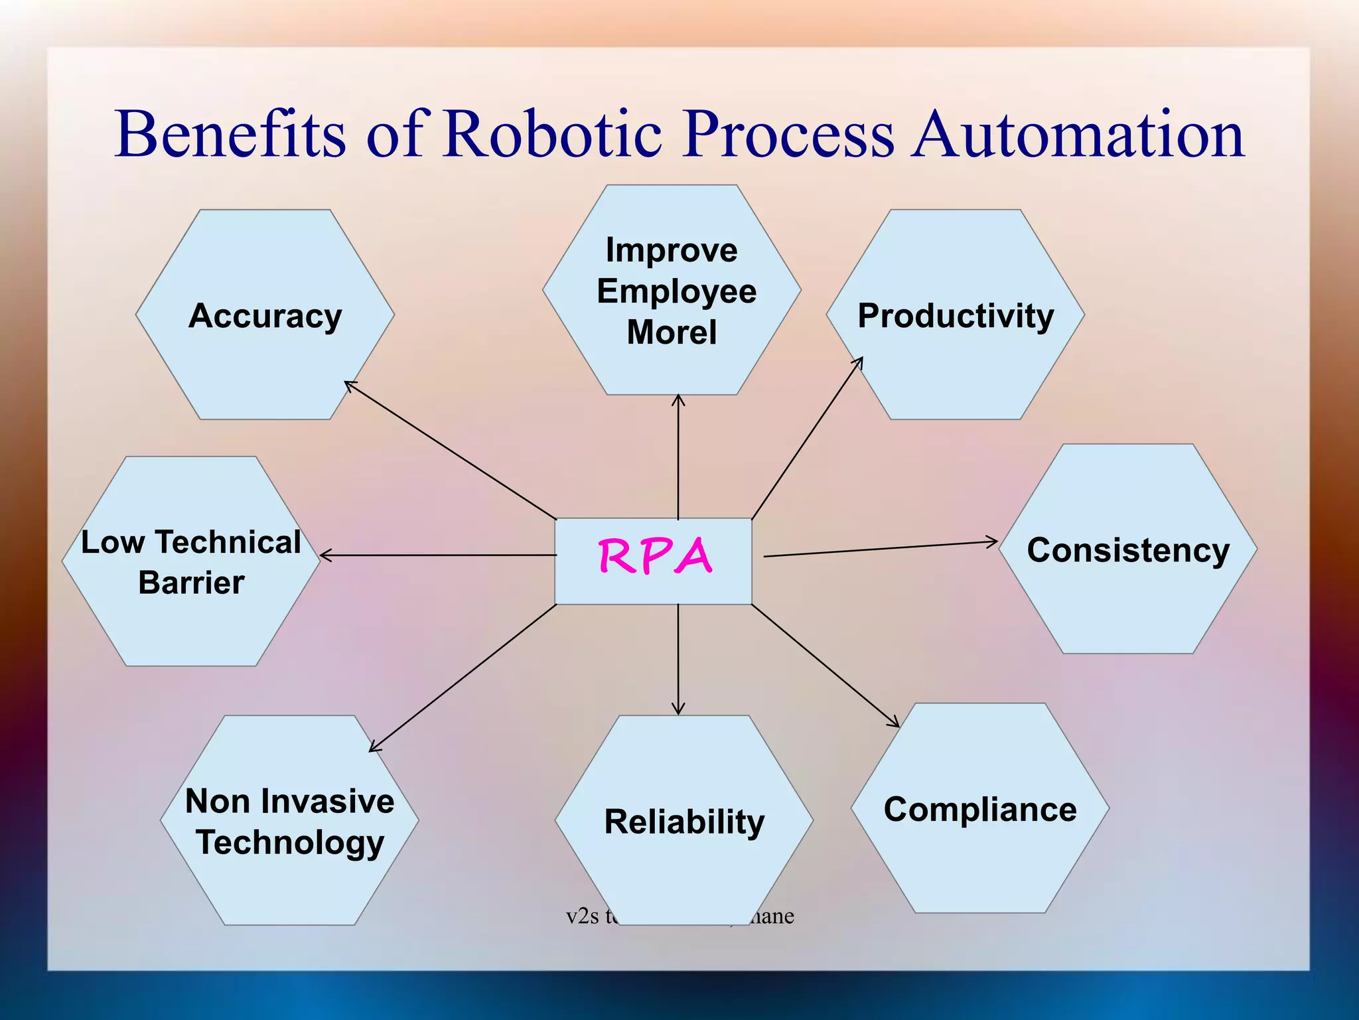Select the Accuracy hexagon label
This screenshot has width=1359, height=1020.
[265, 316]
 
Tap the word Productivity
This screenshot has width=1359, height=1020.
[956, 316]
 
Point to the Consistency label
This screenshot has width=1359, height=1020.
[1128, 550]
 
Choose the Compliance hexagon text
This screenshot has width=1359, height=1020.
[980, 810]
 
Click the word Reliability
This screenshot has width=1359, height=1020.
[684, 822]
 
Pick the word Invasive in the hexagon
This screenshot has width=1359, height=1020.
[327, 801]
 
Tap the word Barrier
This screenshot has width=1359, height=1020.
[191, 583]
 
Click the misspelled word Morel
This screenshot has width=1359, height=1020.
[672, 332]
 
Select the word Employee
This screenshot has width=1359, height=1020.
[676, 291]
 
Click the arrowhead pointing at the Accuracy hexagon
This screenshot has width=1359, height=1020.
[348, 384]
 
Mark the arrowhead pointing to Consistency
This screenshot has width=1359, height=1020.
[993, 542]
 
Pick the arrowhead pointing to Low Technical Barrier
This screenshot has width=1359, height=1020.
[324, 555]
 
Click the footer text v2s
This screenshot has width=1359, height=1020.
[582, 916]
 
